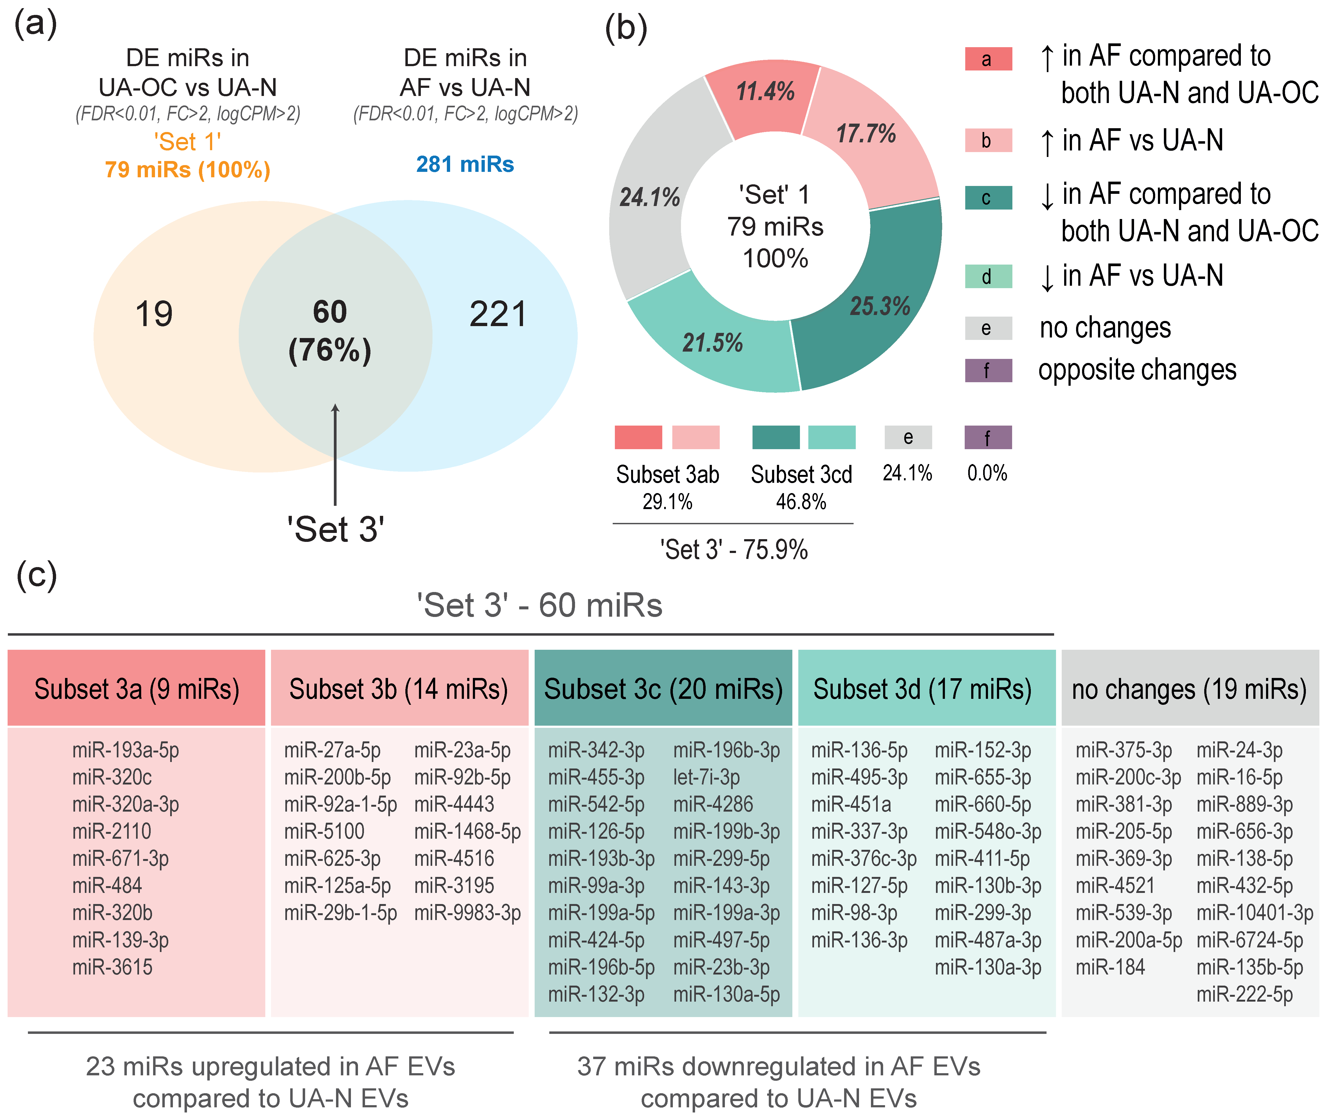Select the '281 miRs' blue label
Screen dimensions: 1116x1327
pyautogui.click(x=465, y=165)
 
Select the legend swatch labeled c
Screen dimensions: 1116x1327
pyautogui.click(x=988, y=198)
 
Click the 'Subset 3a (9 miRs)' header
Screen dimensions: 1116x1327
pyautogui.click(x=137, y=689)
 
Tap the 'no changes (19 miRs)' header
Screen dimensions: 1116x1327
pyautogui.click(x=1189, y=689)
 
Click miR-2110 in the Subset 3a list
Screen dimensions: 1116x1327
pyautogui.click(x=112, y=831)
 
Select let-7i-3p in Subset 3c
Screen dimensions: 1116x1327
pyautogui.click(x=706, y=777)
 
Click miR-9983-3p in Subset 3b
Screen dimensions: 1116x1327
pyautogui.click(x=467, y=913)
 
